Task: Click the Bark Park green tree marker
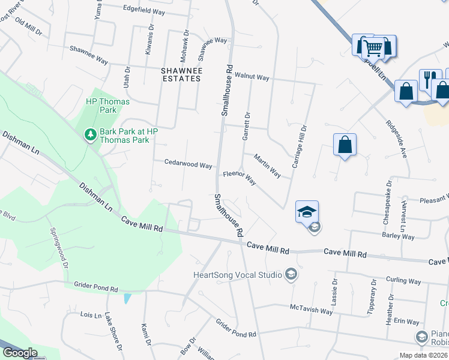[x=90, y=134]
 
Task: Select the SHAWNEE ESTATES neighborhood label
[x=181, y=74]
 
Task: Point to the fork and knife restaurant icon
[x=428, y=78]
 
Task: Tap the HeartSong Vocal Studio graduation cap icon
[x=291, y=274]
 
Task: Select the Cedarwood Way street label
[x=188, y=164]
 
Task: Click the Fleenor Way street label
[x=240, y=178]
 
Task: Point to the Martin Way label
[x=267, y=166]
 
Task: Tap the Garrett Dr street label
[x=246, y=127]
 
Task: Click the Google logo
[x=20, y=353]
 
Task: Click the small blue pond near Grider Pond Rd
[x=126, y=298]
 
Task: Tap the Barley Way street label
[x=399, y=236]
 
